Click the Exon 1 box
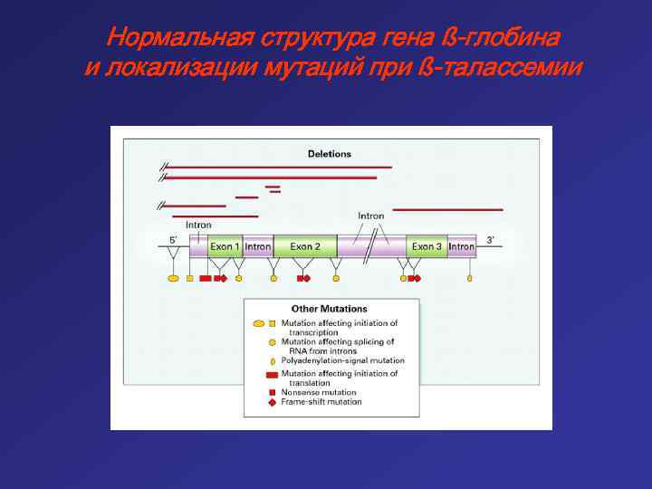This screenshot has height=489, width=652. coord(225,246)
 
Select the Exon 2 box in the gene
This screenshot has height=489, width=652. coord(305,246)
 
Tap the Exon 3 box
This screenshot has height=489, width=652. coord(427,246)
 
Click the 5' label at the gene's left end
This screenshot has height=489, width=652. coord(173,240)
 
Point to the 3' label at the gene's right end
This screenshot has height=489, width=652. coord(491,240)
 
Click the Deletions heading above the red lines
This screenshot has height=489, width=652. coord(330,154)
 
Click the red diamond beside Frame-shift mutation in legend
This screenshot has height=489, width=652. coord(273,402)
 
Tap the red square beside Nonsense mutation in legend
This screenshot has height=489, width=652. coord(273,392)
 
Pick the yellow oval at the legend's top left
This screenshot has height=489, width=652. coord(259,323)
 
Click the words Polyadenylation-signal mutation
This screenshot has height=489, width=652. coord(343,360)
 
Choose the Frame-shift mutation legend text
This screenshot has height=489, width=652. coord(321,402)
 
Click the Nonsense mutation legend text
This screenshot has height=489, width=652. coord(319,392)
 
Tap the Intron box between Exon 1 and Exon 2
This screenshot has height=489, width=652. coord(258,246)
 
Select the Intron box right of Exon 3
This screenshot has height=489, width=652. coord(461,246)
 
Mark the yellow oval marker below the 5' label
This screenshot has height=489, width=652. coord(173,279)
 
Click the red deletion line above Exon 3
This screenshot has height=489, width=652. coord(447,210)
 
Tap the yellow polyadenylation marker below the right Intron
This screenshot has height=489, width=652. coord(470,279)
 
